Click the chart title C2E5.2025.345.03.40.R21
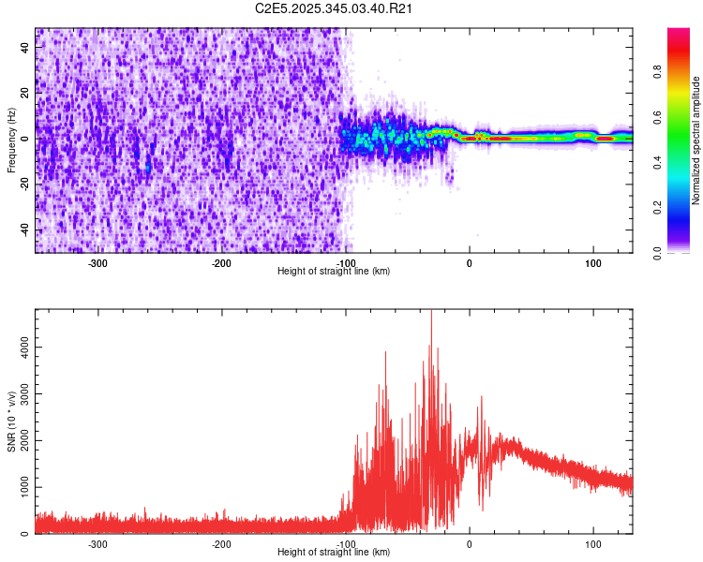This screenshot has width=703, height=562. pos(335,8)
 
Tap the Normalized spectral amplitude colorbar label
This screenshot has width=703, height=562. pos(696,140)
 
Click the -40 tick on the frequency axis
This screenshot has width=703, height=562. pos(23,229)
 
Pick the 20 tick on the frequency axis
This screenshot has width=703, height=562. pos(25,93)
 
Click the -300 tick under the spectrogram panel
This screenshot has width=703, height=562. pos(97,264)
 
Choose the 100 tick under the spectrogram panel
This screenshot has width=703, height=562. pos(592,264)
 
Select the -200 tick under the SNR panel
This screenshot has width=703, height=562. pos(221,544)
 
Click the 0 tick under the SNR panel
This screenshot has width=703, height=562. pos(470,544)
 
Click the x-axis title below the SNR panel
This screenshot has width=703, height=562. pos(334,553)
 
